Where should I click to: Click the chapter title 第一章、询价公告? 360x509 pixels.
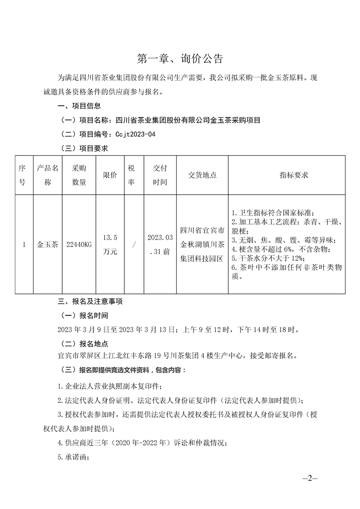(180, 59)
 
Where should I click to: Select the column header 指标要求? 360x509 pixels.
(294, 175)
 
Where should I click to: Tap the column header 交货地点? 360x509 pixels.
(202, 175)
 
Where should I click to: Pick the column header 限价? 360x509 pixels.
(110, 175)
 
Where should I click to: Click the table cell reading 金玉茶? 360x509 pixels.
(47, 244)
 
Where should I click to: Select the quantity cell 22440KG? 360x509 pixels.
(79, 244)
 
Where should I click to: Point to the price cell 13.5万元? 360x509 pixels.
(110, 244)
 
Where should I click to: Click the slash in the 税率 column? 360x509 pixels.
(134, 244)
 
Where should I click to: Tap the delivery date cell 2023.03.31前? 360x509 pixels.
(160, 244)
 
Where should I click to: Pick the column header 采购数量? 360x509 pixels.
(79, 175)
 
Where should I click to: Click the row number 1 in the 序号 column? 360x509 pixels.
(24, 244)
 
